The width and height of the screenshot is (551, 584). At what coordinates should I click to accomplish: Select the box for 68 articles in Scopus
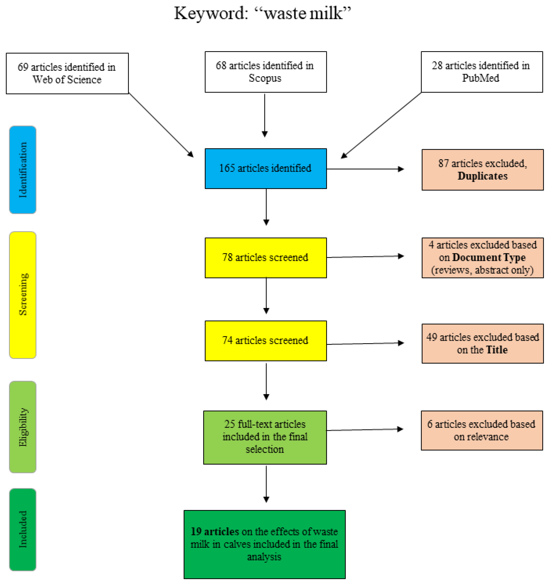pos(265,72)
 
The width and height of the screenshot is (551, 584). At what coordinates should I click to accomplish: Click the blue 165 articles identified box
pos(265,168)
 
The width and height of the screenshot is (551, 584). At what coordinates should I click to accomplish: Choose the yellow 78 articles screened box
pos(265,258)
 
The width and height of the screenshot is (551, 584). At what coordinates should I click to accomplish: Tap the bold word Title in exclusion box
pos(497,350)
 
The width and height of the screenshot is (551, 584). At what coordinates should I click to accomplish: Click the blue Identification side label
pos(23,170)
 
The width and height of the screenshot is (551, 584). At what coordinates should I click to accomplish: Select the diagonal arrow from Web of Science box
pos(161,125)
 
